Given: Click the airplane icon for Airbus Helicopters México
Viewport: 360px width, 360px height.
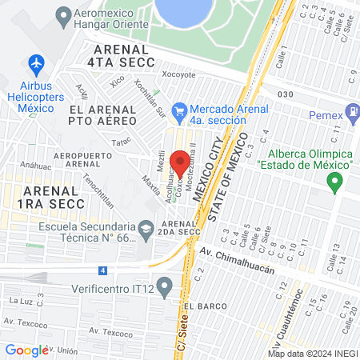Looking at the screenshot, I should pos(35,62).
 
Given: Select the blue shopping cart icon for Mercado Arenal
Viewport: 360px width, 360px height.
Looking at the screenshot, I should pos(180,110).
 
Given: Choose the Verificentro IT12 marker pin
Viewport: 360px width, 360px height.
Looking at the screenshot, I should pos(165,285).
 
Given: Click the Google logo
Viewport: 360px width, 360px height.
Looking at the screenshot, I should pos(26,350).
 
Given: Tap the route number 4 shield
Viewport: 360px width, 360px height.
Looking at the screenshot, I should pos(102,270).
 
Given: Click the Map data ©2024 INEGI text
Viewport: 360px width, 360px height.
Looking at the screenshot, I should pos(312,353).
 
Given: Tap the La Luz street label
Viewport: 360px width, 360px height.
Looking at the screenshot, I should pos(20,301).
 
